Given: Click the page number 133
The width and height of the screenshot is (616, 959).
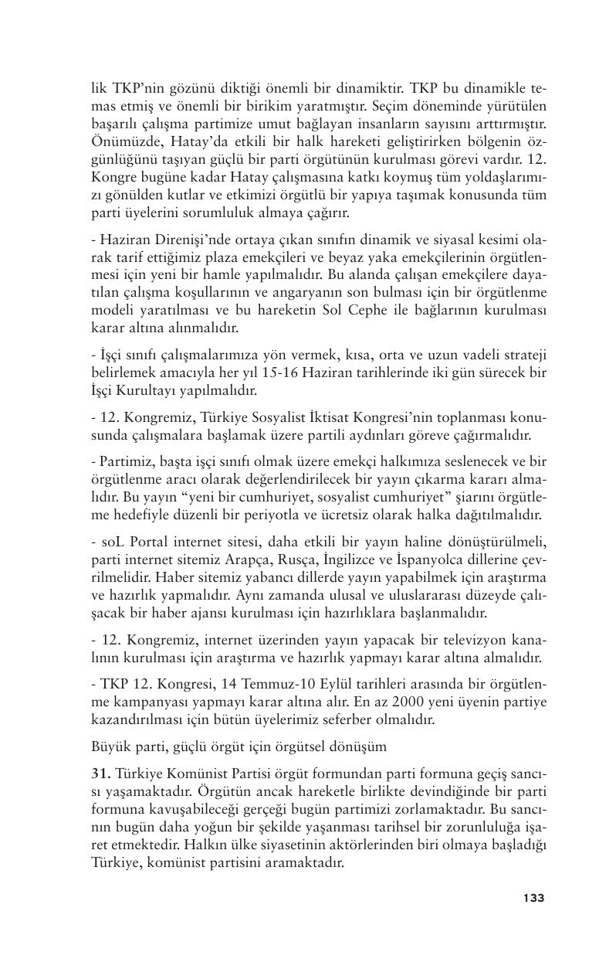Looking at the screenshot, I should coord(533,898).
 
